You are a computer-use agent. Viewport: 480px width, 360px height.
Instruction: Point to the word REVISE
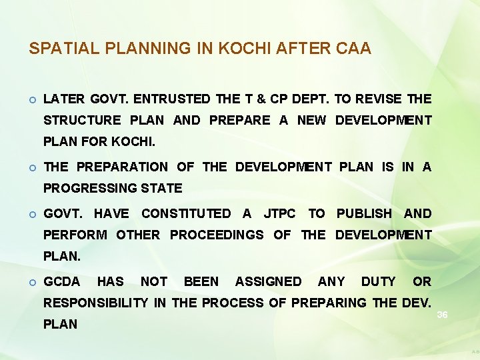[x=379, y=99]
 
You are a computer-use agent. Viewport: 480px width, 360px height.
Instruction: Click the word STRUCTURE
[x=82, y=121]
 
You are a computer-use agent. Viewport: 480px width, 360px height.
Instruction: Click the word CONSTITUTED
[x=186, y=214]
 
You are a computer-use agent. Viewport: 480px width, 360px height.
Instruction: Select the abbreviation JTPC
[x=279, y=214]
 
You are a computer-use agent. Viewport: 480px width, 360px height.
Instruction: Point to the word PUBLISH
[x=364, y=214]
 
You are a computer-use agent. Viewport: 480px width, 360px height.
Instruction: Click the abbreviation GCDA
[x=61, y=282]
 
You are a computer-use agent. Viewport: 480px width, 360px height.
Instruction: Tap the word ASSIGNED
[x=268, y=282]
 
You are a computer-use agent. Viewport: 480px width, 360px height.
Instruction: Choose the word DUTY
[x=378, y=282]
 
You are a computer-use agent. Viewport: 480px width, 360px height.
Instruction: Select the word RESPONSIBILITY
[x=95, y=303]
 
